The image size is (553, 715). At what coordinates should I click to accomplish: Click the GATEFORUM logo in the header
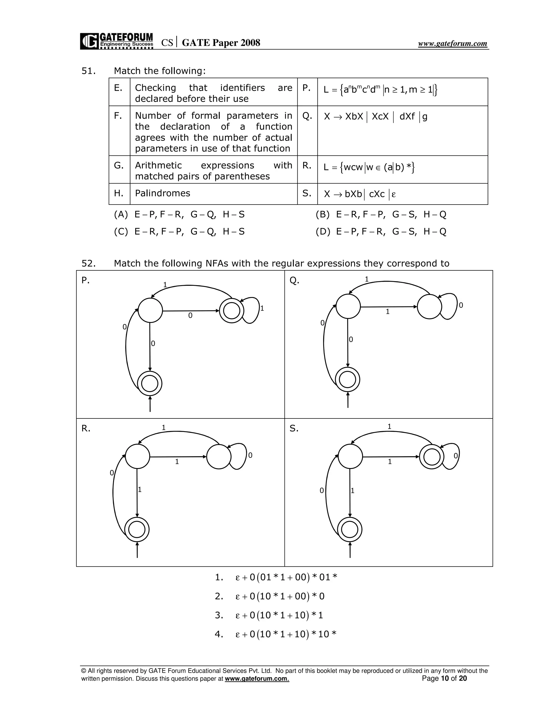117,41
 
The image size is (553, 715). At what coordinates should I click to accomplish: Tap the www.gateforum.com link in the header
453,43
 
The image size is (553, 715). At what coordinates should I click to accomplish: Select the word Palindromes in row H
163,193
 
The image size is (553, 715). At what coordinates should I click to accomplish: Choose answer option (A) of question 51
179,214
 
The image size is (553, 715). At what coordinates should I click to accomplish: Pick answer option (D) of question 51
381,231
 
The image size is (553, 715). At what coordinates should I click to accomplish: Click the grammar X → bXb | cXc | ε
360,194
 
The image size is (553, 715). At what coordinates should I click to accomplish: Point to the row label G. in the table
119,166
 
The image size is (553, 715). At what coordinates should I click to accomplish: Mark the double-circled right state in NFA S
431,457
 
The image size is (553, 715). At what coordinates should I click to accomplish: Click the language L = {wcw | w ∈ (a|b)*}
369,167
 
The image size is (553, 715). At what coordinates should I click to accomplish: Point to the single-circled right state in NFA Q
429,307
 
